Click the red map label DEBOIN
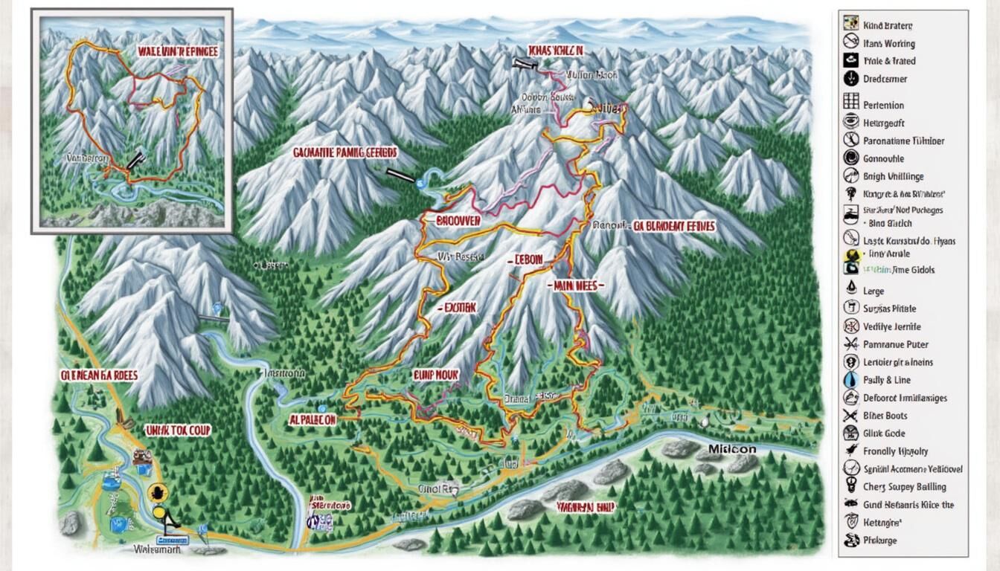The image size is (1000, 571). (528, 259)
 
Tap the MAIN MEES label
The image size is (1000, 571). (579, 285)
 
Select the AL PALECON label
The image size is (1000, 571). (312, 419)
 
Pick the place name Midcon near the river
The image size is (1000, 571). (732, 449)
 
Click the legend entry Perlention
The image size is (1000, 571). (883, 106)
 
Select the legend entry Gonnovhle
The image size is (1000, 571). (883, 158)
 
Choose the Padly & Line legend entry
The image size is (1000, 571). (887, 380)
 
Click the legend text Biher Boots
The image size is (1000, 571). (885, 416)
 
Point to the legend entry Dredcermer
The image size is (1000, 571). (885, 79)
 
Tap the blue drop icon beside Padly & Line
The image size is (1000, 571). (851, 379)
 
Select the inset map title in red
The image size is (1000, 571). (178, 51)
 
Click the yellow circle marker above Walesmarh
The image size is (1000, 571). (156, 491)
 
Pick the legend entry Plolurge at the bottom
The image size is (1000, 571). (879, 541)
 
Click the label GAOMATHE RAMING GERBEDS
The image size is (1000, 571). (344, 152)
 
